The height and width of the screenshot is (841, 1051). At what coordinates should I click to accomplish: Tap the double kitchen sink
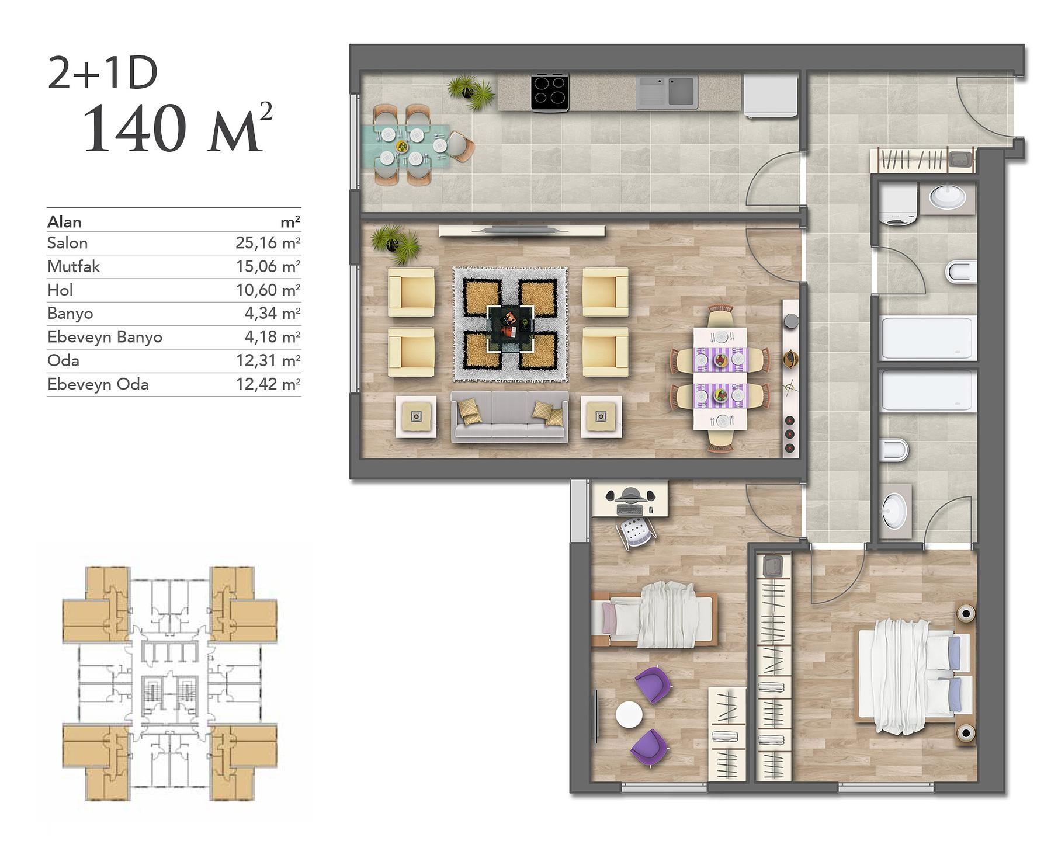coord(667,92)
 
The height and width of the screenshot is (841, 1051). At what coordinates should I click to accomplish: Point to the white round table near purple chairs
coord(629,714)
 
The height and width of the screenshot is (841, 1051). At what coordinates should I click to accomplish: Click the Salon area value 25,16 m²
coord(268,243)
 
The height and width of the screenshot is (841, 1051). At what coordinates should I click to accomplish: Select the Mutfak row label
coord(74,267)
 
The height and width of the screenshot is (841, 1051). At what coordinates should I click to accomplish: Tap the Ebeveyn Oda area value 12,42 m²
coord(268,384)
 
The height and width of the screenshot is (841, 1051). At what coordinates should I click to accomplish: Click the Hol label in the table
coord(60,290)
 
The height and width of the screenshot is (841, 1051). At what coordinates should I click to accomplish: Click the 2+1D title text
coord(103,74)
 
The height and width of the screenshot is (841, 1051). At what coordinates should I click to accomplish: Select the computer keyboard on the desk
coord(630,510)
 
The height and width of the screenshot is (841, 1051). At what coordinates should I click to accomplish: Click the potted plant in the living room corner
coord(397,244)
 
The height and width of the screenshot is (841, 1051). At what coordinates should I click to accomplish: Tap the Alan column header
coord(64,222)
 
